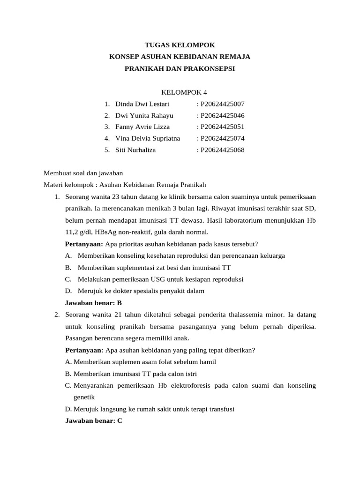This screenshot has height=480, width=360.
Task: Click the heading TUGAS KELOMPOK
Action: (x=180, y=45)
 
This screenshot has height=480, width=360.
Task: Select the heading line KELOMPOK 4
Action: (x=180, y=92)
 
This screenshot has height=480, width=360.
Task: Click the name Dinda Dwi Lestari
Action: (x=142, y=104)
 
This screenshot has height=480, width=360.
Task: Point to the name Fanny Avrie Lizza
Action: (x=142, y=127)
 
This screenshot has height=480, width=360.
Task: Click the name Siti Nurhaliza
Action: (x=135, y=150)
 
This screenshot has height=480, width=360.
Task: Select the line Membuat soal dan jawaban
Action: (x=83, y=173)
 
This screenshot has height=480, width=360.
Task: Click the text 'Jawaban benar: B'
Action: (x=93, y=303)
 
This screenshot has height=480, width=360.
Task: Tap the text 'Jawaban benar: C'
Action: (x=93, y=420)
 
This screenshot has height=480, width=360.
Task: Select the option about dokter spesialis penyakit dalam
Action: (x=141, y=291)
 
